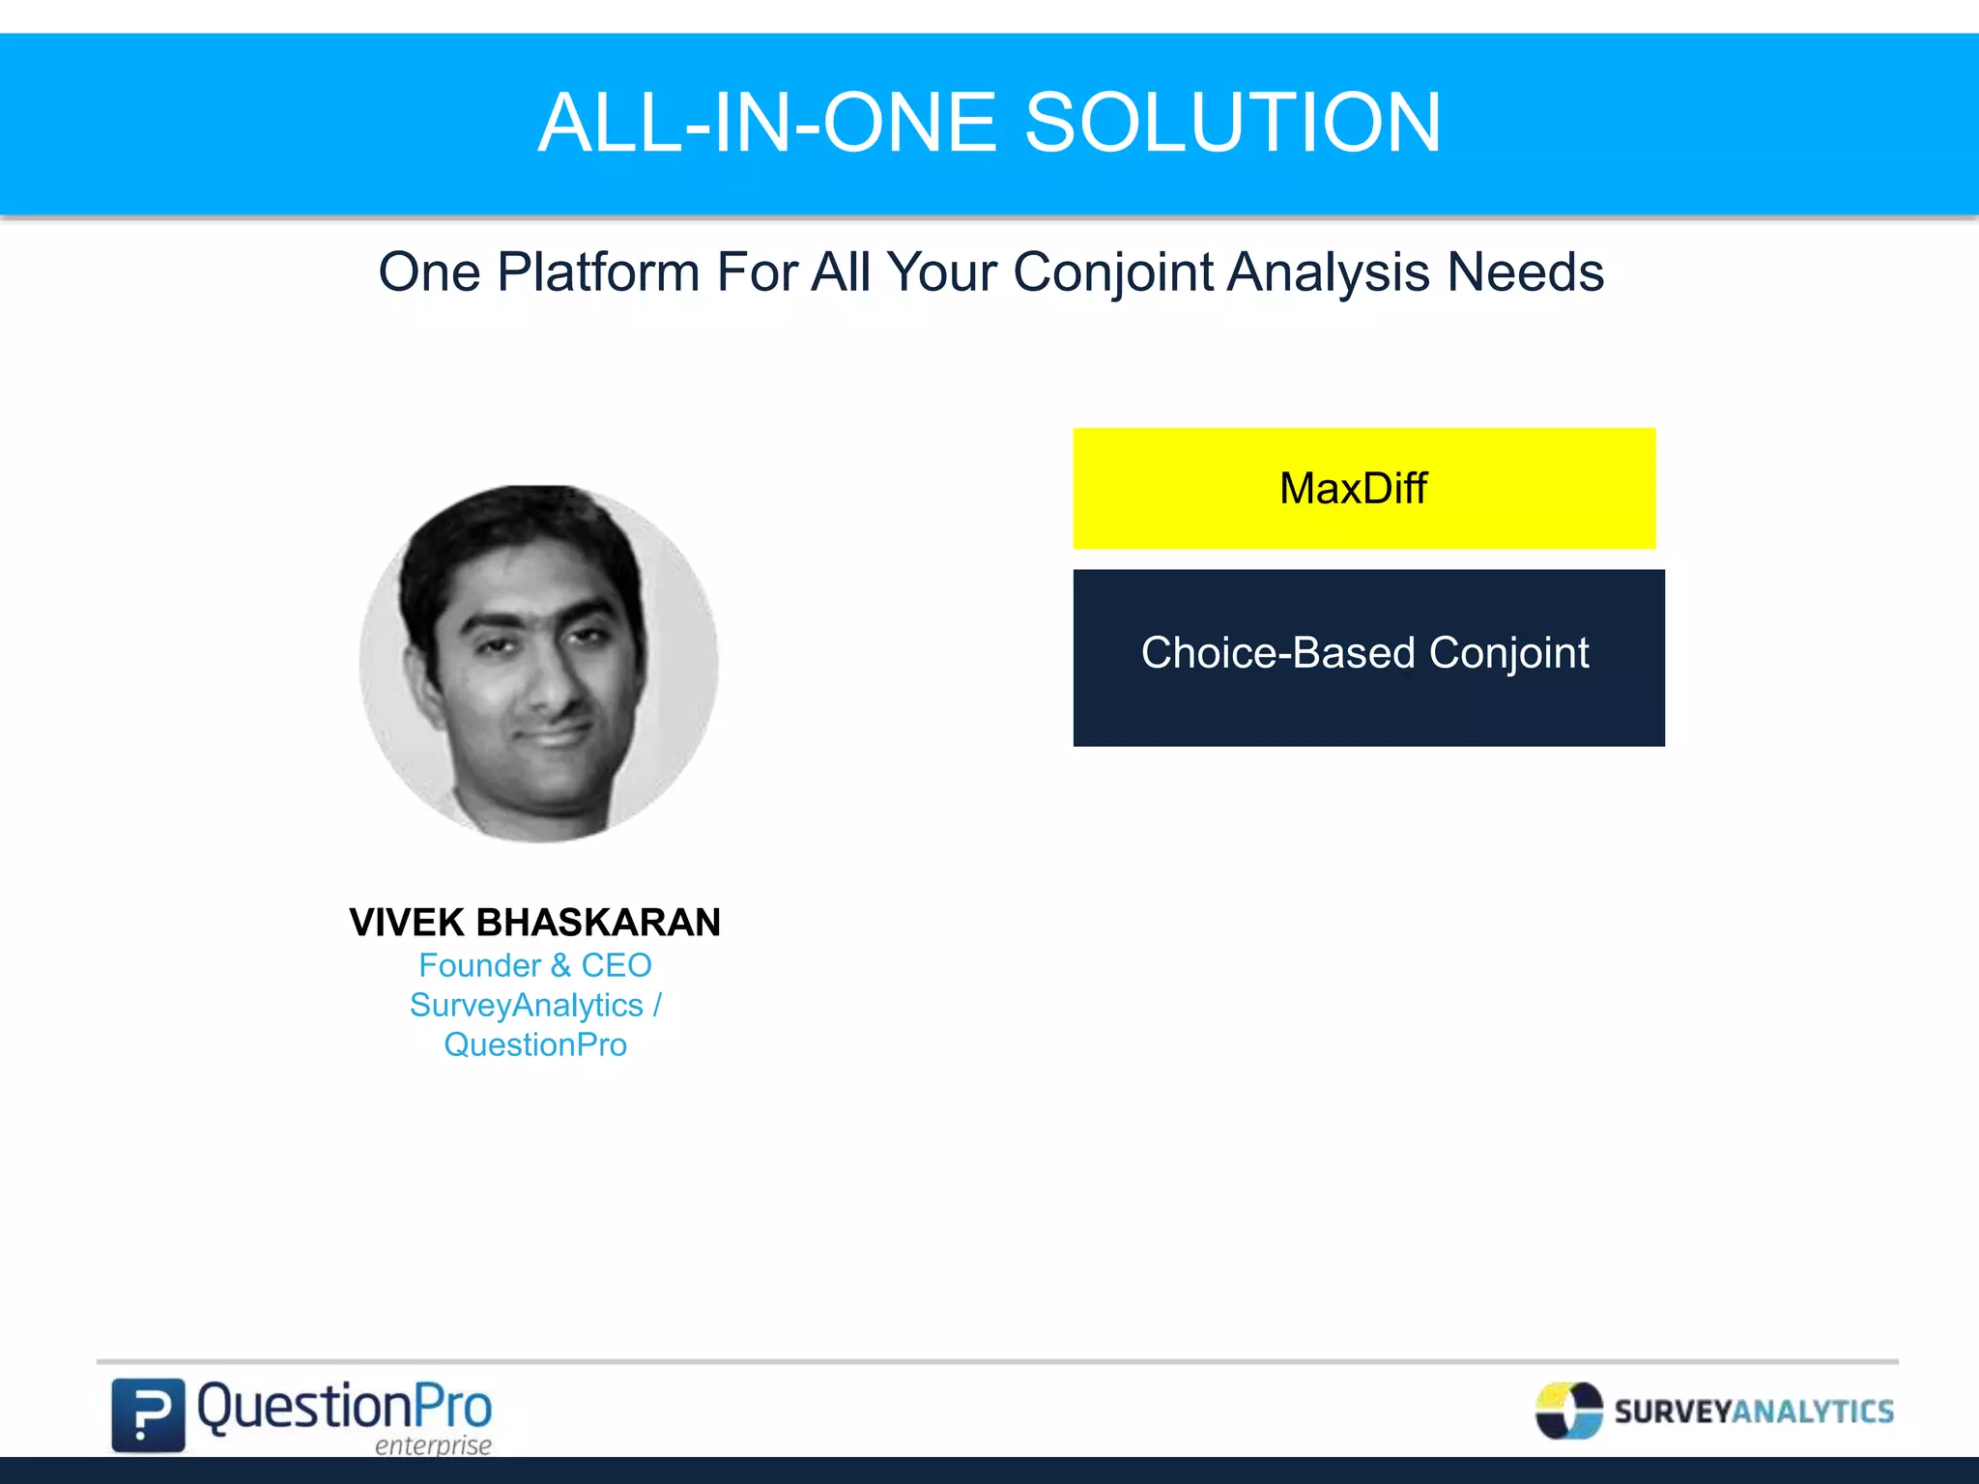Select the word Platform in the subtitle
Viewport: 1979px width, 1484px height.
[x=597, y=272]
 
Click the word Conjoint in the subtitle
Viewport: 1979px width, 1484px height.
[x=1112, y=272]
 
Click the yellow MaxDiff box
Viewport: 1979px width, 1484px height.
[x=1363, y=488]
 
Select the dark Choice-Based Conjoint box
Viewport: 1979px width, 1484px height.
[x=1368, y=657]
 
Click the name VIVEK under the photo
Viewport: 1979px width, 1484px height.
[x=407, y=923]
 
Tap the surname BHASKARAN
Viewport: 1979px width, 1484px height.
[x=598, y=923]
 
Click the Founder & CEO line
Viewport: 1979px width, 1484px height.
[x=535, y=965]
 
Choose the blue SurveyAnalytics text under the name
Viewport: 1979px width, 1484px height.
[x=527, y=1006]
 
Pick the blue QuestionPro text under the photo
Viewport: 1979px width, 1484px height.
[x=535, y=1045]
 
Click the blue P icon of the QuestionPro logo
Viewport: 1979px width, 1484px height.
[x=147, y=1414]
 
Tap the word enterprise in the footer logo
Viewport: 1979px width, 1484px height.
[x=433, y=1445]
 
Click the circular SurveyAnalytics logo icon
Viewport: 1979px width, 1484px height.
[x=1568, y=1411]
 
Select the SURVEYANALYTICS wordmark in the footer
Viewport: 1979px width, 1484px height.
[x=1754, y=1412]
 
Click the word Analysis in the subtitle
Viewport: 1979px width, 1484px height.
[x=1330, y=272]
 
